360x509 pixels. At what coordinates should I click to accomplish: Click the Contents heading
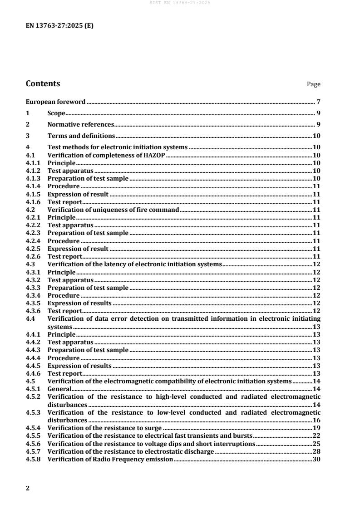(43, 83)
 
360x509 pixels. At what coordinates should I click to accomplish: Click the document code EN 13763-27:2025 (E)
(59, 25)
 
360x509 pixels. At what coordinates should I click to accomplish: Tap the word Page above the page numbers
(314, 84)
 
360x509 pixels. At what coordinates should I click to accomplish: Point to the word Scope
(56, 113)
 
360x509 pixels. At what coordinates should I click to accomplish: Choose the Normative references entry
(80, 125)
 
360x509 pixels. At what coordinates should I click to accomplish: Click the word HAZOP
(153, 156)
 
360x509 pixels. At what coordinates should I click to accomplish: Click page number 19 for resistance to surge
(317, 427)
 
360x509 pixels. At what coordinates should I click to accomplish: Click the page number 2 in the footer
(28, 488)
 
